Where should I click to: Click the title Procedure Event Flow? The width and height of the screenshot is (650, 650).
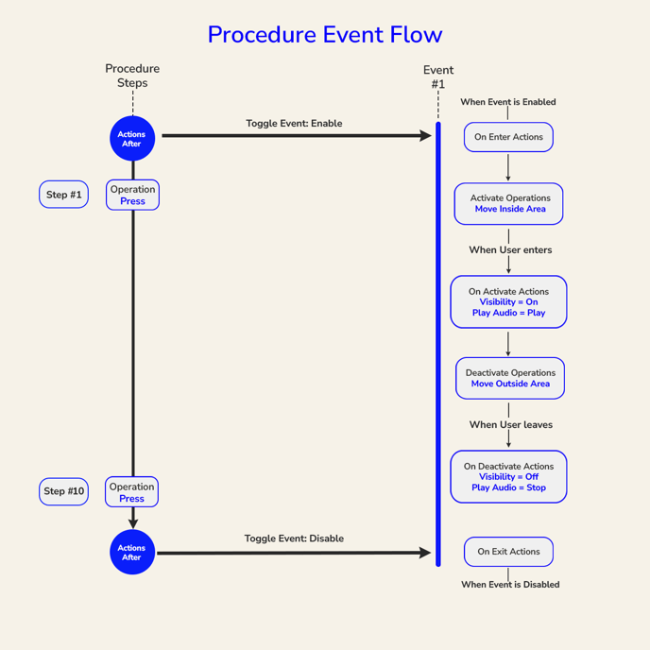(324, 35)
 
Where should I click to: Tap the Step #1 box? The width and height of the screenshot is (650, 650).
(63, 195)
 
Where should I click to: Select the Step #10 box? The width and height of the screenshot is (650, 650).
(63, 491)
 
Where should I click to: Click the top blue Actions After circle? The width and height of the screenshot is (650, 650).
(131, 139)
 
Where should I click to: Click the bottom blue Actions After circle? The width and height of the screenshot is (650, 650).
(131, 552)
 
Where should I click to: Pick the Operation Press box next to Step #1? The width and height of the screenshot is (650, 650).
(132, 196)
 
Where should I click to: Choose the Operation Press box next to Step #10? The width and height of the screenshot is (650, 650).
(131, 492)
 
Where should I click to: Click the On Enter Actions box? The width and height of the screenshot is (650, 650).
(508, 137)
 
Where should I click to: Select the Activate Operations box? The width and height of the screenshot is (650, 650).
(509, 204)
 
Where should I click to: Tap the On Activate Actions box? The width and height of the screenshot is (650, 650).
(508, 302)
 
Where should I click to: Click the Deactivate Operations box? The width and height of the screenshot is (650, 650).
(509, 378)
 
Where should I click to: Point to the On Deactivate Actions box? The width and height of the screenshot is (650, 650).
(508, 476)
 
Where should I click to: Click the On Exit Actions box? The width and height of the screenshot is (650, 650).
(508, 552)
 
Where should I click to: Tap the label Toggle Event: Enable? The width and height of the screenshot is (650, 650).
(294, 124)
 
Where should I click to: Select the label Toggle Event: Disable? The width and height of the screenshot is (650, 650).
(294, 539)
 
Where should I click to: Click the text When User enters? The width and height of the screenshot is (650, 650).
(510, 250)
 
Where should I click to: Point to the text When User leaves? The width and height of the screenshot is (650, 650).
(510, 425)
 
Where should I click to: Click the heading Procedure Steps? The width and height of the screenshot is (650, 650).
(132, 76)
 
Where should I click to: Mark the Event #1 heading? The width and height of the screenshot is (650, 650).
(438, 77)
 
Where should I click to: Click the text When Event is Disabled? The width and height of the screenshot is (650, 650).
(510, 585)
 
